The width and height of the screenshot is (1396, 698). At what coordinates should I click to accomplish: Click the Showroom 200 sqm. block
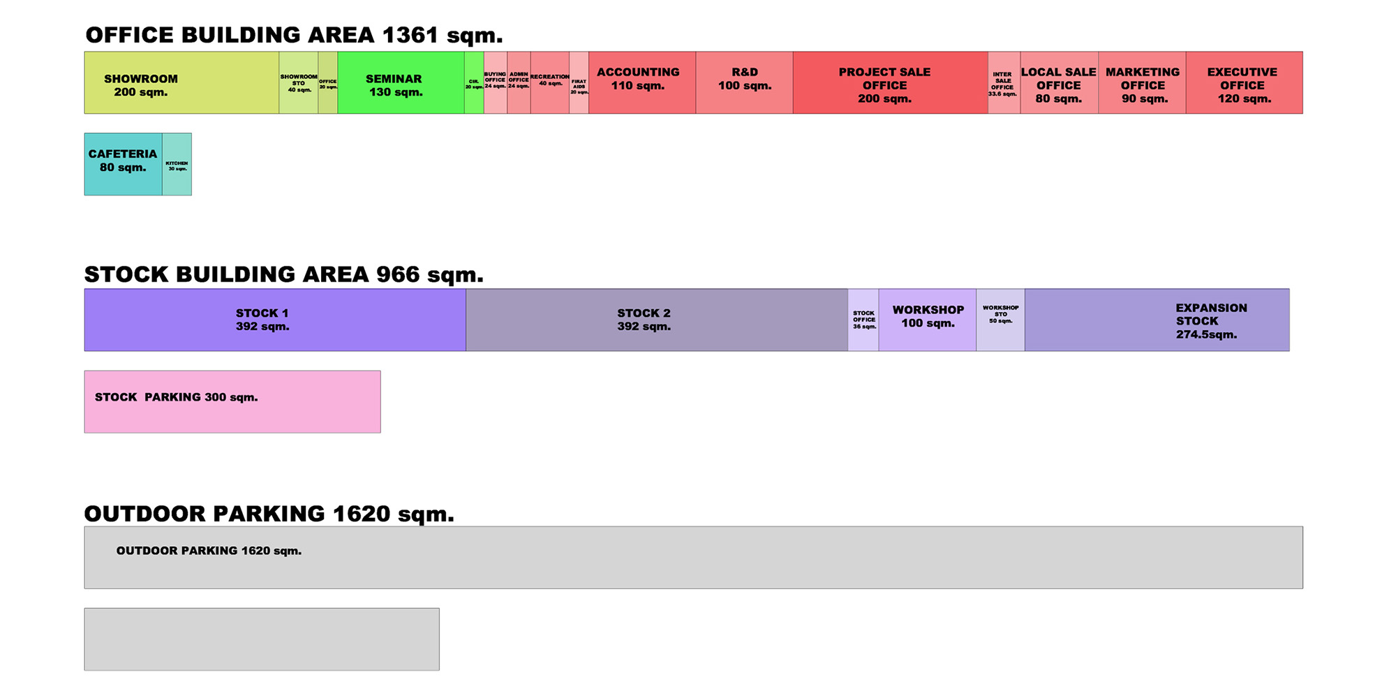181,82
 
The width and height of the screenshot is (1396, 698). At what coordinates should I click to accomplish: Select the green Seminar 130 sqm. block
401,82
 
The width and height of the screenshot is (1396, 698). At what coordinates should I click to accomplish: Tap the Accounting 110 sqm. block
641,82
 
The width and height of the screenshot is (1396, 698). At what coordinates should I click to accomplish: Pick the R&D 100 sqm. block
744,82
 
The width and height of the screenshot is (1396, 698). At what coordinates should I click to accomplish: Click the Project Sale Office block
890,82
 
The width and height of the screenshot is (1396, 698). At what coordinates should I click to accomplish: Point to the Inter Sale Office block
1004,82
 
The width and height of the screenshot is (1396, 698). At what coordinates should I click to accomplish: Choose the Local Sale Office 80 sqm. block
1059,82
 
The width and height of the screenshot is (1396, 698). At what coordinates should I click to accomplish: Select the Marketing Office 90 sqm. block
1142,82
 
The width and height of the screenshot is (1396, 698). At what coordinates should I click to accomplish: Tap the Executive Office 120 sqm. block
1244,82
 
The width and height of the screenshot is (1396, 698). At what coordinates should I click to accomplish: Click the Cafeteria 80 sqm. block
123,164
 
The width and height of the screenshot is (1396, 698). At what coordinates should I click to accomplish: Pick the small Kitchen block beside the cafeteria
177,165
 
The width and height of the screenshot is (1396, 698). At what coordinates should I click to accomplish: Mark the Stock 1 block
275,320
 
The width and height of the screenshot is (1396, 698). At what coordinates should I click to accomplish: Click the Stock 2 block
656,320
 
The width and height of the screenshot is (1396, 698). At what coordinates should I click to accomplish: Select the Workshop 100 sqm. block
927,320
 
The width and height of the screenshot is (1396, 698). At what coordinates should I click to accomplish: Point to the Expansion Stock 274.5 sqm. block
1157,320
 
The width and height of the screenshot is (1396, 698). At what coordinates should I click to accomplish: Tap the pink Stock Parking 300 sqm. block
232,402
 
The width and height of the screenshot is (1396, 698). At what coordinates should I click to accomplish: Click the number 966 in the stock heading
398,274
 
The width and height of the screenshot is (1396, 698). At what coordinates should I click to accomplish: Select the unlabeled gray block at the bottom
262,639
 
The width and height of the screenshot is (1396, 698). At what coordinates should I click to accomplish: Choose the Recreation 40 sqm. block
550,82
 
